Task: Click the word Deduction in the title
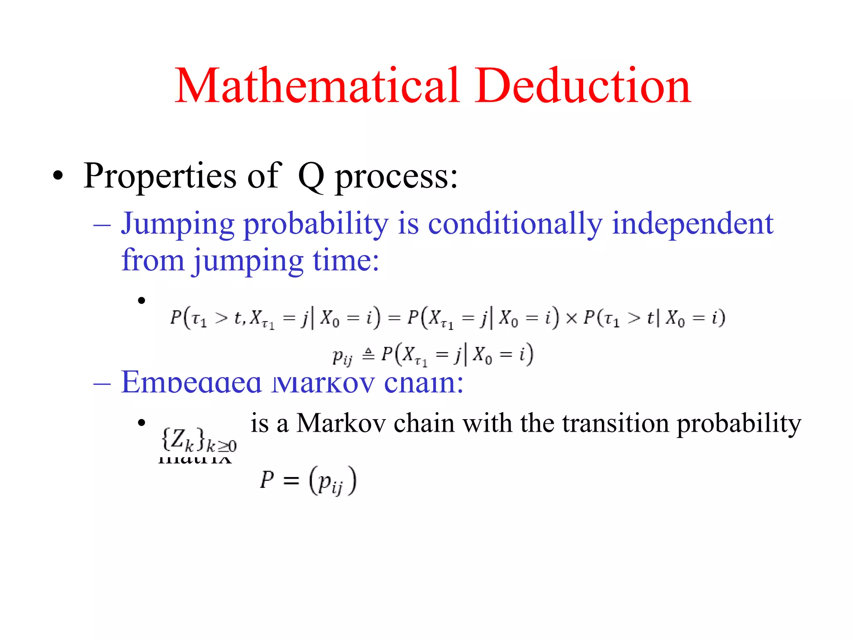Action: coord(583,86)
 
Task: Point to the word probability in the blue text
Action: coord(316,225)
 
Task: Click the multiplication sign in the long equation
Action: coord(571,318)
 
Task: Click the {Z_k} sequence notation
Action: coord(198,440)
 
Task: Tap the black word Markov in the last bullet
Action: coord(341,423)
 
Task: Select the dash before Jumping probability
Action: coord(102,225)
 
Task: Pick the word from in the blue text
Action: coord(153,260)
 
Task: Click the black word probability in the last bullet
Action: coord(738,424)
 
